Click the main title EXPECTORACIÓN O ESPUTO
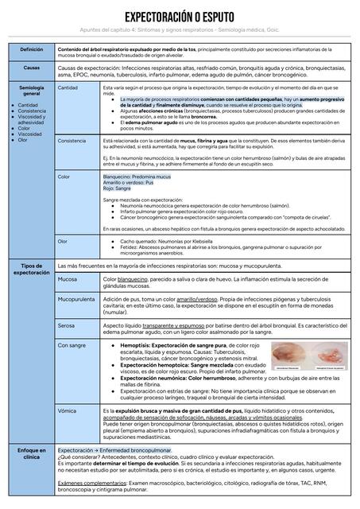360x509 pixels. coord(180,17)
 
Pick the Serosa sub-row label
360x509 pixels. coord(68,325)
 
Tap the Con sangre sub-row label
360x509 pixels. coord(72,345)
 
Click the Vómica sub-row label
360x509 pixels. coord(68,410)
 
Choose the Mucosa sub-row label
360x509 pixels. coord(68,280)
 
